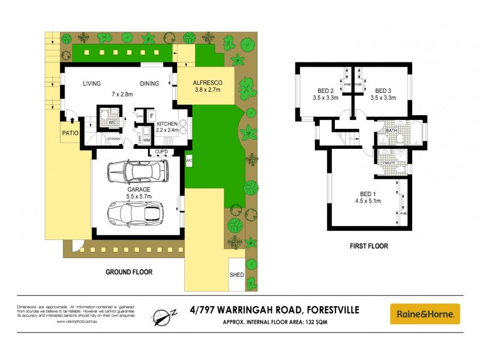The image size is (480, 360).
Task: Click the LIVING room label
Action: [92, 83]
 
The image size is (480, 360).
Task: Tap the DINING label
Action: [150, 83]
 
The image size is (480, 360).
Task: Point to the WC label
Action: [112, 122]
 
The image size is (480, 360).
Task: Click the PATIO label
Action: [71, 134]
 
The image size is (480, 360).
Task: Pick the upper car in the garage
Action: [136, 172]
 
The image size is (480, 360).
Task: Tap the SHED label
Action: [237, 275]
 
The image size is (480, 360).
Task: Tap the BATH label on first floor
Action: [392, 130]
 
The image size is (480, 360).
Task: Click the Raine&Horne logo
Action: [425, 314]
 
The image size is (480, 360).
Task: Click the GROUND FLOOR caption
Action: [129, 272]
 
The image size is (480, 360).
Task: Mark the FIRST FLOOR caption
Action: [368, 246]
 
